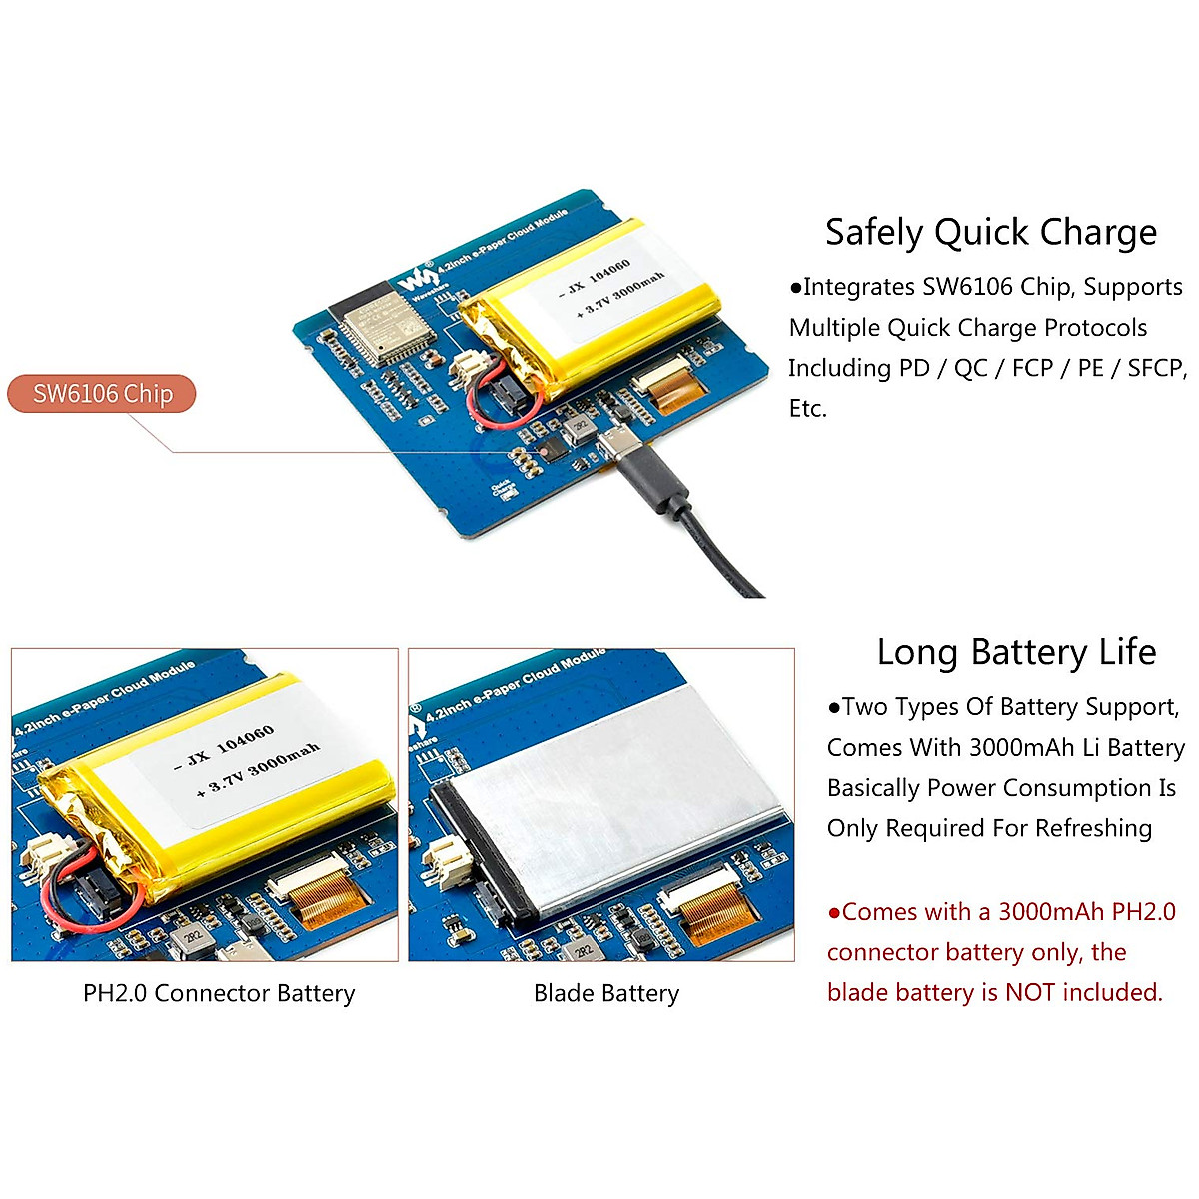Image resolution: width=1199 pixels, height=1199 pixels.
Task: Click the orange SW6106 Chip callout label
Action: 102,394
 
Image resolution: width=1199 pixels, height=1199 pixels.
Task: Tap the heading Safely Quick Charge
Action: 990,232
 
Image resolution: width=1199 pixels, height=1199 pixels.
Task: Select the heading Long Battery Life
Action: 1016,652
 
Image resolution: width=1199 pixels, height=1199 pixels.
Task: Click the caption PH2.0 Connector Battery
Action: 219,993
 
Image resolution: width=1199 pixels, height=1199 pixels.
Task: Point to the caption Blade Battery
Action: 606,993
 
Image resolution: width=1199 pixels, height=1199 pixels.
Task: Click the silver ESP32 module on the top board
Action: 375,323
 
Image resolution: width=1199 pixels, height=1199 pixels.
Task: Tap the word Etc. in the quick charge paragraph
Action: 807,408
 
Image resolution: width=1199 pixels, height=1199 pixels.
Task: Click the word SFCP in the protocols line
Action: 1154,368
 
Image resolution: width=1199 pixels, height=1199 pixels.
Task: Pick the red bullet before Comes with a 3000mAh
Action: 834,912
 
